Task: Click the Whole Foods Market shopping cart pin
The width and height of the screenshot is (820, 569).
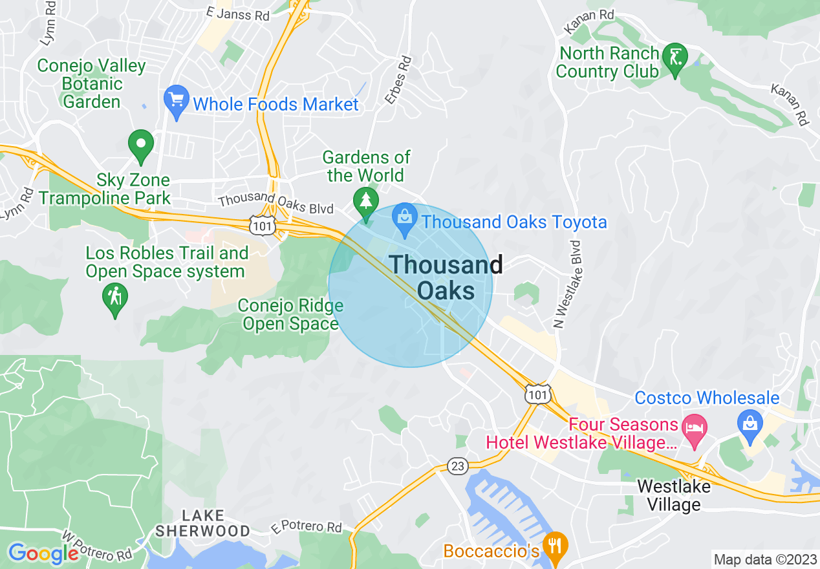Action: point(176,101)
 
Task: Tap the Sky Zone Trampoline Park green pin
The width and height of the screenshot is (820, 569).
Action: point(141,145)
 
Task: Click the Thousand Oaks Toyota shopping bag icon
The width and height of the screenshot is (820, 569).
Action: point(405,220)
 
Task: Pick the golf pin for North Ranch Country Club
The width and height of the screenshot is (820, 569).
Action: point(676,60)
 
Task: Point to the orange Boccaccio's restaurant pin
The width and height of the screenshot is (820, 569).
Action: point(555,546)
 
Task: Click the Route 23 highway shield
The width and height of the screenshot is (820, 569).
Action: point(457,466)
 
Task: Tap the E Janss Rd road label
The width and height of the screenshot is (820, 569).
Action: point(237,14)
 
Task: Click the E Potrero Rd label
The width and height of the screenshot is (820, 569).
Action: point(307,527)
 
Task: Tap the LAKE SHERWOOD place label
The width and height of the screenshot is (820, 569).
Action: point(203,523)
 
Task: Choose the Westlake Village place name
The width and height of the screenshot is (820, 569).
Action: point(673,495)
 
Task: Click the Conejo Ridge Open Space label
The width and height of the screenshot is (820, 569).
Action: point(290,314)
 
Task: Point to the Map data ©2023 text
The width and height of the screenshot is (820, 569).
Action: point(764,559)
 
